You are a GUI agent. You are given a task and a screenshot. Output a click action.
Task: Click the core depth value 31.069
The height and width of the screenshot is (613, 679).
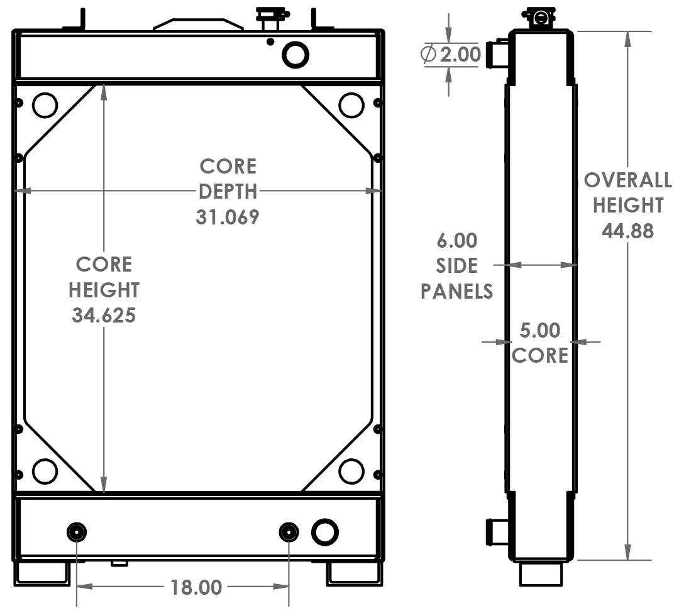tap(228, 218)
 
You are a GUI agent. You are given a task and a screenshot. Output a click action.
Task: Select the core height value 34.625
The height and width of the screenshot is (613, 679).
tap(104, 315)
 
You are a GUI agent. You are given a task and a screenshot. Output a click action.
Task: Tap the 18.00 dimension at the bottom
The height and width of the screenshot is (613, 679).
tap(196, 588)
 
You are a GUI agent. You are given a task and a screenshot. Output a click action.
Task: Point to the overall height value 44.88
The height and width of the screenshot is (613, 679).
tap(627, 231)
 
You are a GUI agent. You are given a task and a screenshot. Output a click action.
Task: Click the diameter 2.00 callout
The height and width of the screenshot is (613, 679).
tap(459, 55)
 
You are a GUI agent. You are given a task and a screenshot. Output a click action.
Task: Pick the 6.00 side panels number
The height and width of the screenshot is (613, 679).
tap(457, 241)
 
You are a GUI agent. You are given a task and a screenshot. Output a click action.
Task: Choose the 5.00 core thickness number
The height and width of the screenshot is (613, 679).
tap(540, 331)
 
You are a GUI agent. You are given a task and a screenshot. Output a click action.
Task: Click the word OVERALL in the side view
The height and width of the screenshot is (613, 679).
tap(627, 180)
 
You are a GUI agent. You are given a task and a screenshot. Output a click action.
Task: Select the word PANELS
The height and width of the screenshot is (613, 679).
tap(457, 291)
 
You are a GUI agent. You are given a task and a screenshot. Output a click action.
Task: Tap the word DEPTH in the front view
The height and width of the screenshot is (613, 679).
tap(228, 192)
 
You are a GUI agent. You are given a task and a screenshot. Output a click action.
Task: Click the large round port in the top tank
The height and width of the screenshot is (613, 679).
tap(295, 55)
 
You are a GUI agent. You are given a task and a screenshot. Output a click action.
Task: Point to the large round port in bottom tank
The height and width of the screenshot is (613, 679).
tap(325, 532)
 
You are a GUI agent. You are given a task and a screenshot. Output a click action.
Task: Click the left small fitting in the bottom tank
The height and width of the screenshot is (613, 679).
tap(77, 533)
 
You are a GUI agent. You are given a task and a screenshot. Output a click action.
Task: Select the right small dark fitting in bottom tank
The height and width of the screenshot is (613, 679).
tap(289, 533)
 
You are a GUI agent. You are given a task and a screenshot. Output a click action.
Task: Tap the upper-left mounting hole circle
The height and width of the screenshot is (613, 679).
tap(45, 106)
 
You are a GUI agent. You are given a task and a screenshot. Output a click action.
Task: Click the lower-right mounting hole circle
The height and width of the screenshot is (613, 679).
tap(351, 471)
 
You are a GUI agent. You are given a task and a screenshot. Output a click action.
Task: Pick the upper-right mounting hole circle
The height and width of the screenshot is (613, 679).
tap(351, 105)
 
